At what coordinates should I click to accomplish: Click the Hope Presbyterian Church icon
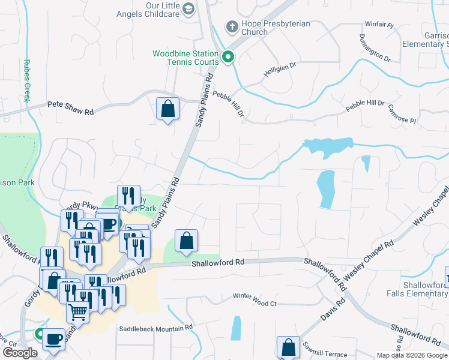coord(232,26)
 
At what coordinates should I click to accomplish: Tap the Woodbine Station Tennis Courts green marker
coord(228,58)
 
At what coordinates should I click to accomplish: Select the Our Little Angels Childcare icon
coord(188,8)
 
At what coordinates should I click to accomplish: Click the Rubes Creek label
coord(26,80)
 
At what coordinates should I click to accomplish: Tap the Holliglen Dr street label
coord(280,70)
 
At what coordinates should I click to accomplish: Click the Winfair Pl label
coord(378,26)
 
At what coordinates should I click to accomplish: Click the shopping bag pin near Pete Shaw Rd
coord(167,109)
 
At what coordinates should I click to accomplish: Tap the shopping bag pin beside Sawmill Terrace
coord(288,347)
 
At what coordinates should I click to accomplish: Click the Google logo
coord(20,353)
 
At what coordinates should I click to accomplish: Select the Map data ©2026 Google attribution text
coord(412,355)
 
